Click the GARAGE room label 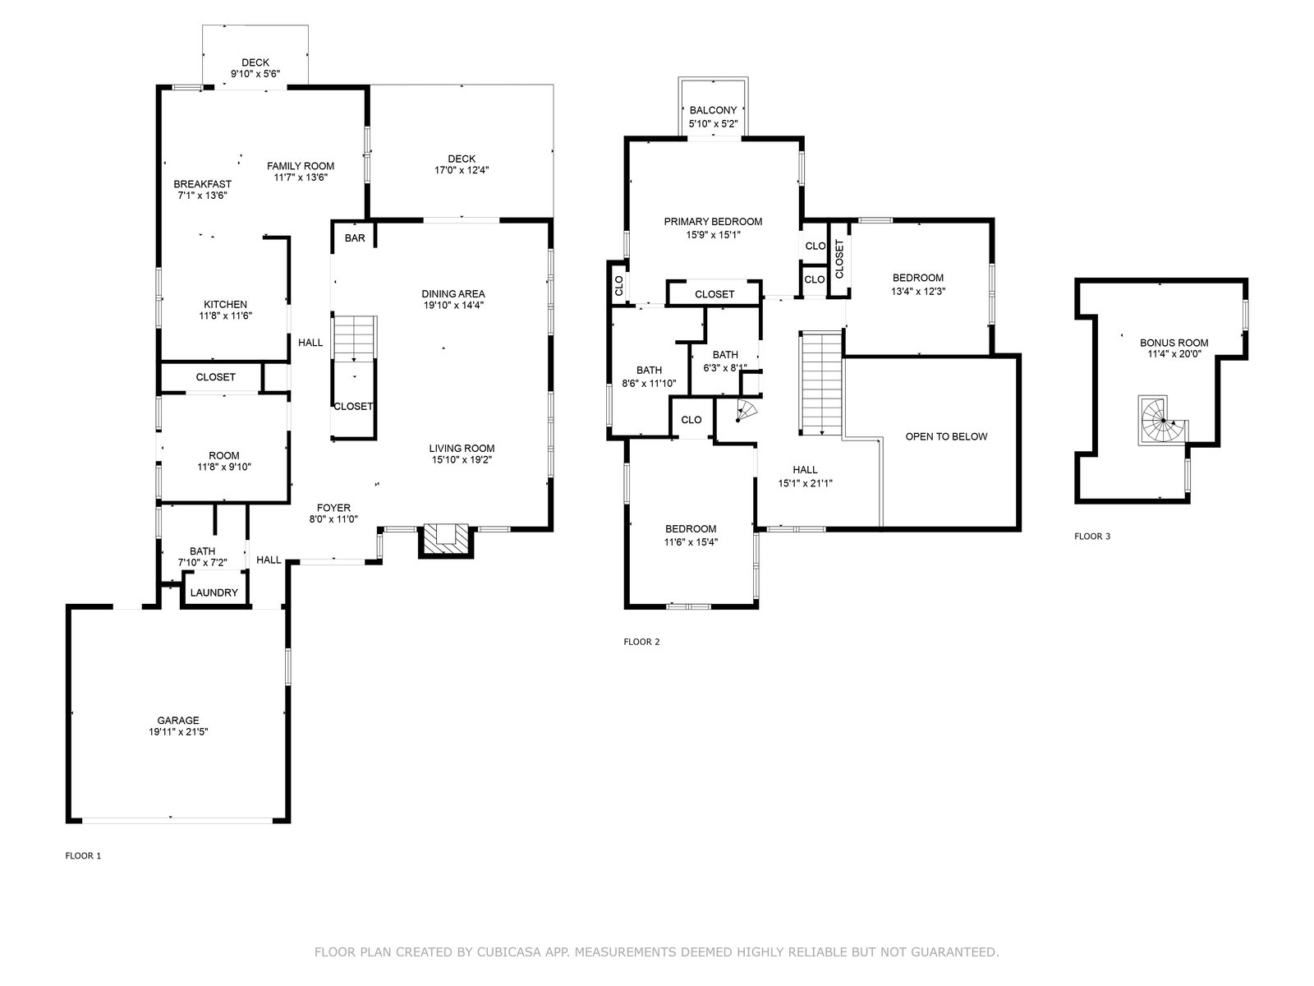pyautogui.click(x=178, y=721)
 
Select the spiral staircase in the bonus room pyautogui.click(x=1161, y=421)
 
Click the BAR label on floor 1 pyautogui.click(x=355, y=238)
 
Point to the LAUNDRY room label pyautogui.click(x=214, y=592)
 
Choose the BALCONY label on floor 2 pyautogui.click(x=713, y=110)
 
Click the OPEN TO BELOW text pyautogui.click(x=946, y=436)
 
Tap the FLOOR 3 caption pyautogui.click(x=1092, y=537)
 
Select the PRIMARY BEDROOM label pyautogui.click(x=713, y=221)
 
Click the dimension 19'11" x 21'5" pyautogui.click(x=178, y=732)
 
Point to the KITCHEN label pyautogui.click(x=225, y=304)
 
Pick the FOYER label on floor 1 pyautogui.click(x=333, y=508)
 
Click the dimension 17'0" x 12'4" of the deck pyautogui.click(x=462, y=170)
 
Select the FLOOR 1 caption pyautogui.click(x=83, y=855)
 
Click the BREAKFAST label pyautogui.click(x=202, y=184)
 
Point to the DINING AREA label pyautogui.click(x=453, y=293)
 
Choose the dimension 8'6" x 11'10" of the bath pyautogui.click(x=649, y=382)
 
